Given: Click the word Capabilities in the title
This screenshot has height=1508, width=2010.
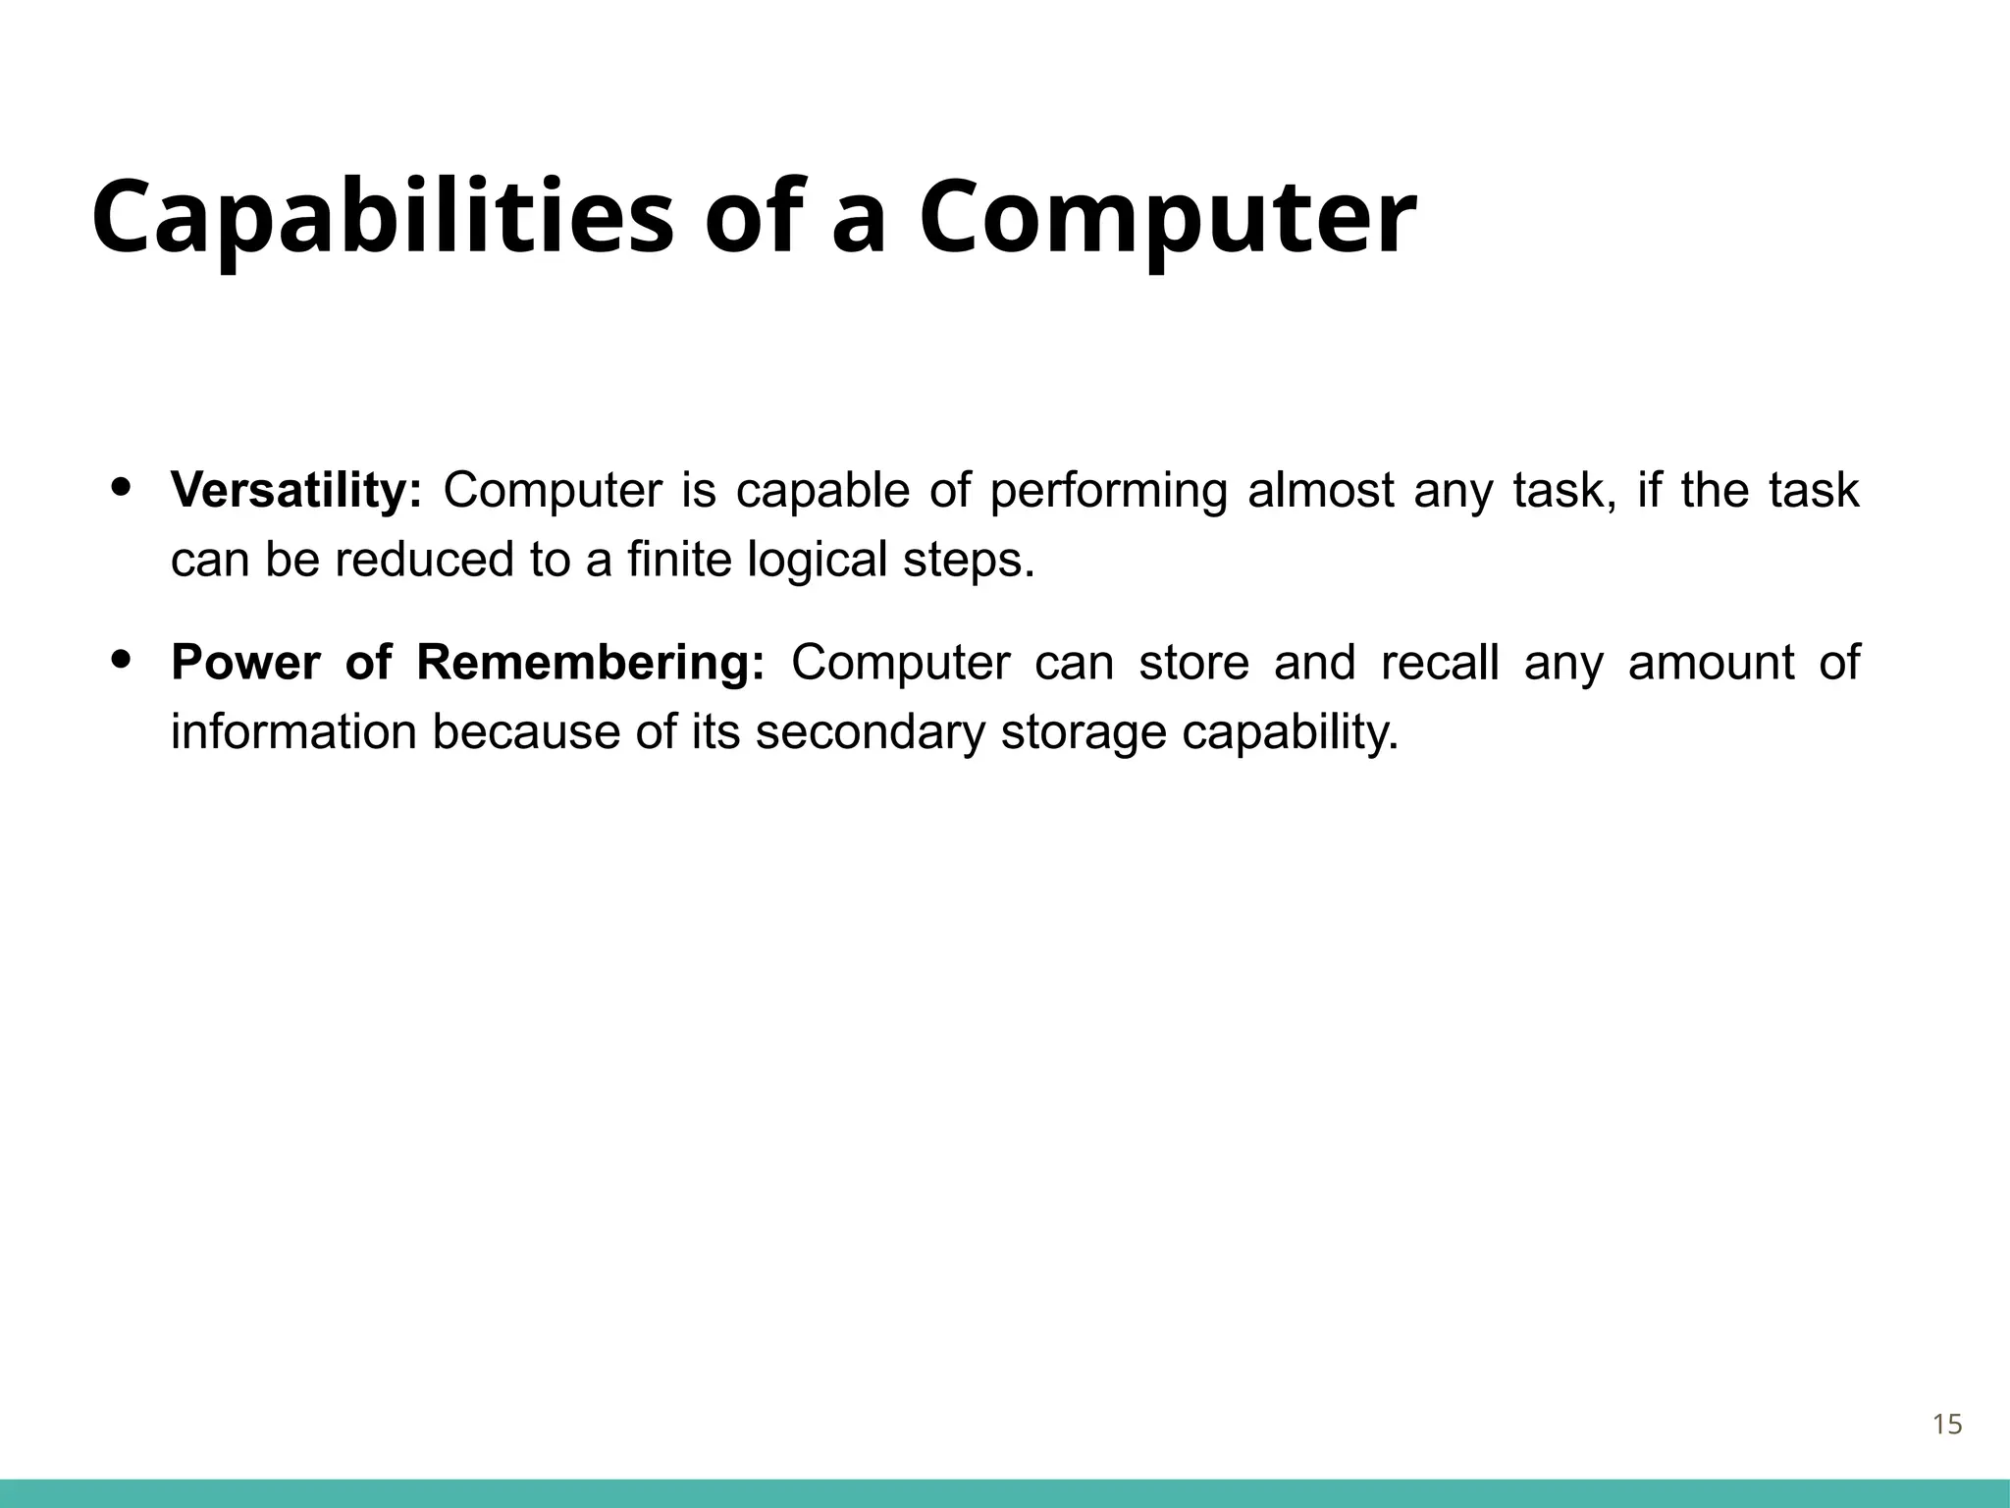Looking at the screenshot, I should click(383, 218).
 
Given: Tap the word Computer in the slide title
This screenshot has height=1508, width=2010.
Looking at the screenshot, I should click(1167, 218).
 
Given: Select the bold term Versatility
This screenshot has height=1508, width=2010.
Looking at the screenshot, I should click(295, 490).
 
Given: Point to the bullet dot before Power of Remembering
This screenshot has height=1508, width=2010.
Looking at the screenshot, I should click(122, 659).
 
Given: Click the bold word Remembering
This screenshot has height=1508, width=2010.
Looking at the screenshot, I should click(590, 663).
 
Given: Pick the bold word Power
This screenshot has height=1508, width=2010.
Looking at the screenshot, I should click(245, 663).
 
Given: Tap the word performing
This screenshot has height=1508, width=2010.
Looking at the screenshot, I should click(1108, 490).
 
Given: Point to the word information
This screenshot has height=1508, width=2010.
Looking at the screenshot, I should click(293, 733).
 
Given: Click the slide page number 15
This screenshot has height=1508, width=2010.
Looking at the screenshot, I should click(1947, 1425).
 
